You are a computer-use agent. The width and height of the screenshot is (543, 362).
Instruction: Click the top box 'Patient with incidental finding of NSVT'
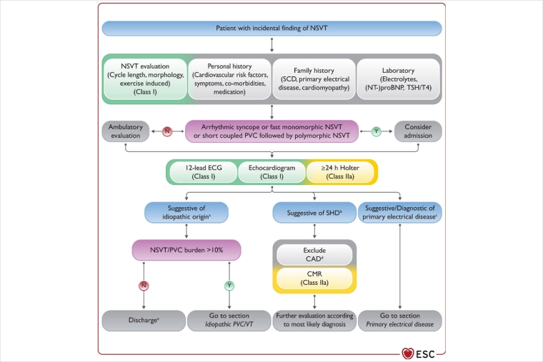pyautogui.click(x=271, y=29)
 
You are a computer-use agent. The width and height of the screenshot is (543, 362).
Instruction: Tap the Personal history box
pyautogui.click(x=229, y=79)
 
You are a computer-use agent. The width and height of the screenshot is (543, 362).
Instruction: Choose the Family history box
pyautogui.click(x=313, y=79)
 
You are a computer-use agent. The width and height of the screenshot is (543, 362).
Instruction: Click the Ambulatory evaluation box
pyautogui.click(x=126, y=131)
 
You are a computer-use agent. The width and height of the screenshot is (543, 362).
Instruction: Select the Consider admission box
pyautogui.click(x=418, y=131)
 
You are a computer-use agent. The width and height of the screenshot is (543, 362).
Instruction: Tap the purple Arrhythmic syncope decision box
pyautogui.click(x=271, y=131)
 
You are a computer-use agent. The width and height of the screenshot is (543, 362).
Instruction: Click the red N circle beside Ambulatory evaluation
pyautogui.click(x=167, y=131)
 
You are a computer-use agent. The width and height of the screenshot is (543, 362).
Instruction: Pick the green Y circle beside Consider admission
pyautogui.click(x=376, y=131)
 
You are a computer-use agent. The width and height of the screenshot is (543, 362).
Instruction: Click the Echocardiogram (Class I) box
pyautogui.click(x=271, y=172)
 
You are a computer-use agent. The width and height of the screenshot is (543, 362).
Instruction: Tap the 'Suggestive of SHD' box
pyautogui.click(x=313, y=212)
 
